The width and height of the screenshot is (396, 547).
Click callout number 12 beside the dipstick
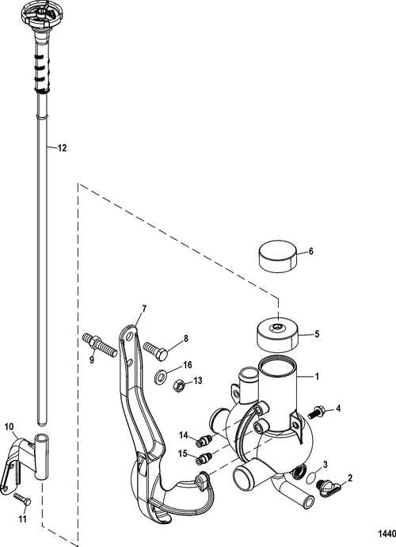tap(63, 148)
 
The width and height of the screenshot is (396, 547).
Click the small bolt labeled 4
tap(318, 411)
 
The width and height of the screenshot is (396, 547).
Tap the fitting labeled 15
tap(207, 458)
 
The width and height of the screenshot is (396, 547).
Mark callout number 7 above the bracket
tap(144, 308)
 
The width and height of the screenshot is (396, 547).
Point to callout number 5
tap(317, 334)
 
